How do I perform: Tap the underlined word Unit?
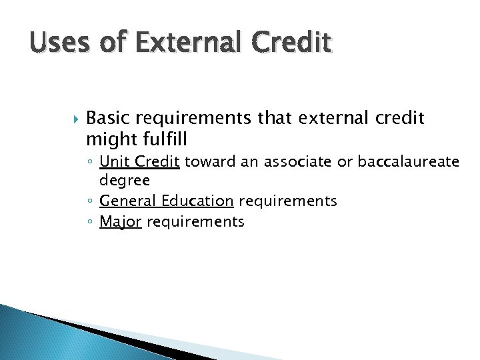click(x=112, y=161)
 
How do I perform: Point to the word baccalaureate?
click(x=408, y=161)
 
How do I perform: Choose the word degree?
click(x=125, y=181)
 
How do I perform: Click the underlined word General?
click(x=125, y=201)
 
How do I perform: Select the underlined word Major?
click(x=120, y=221)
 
